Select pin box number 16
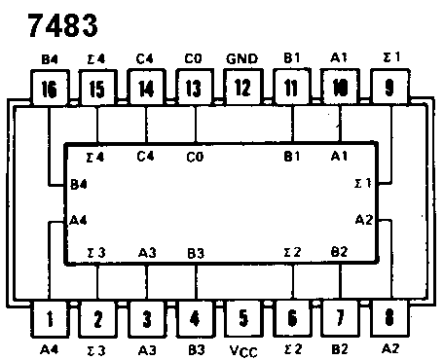point(50,91)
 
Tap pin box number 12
point(242,91)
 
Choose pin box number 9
point(389,91)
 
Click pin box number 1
point(50,318)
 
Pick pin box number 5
point(242,318)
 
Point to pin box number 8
point(389,318)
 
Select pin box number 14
point(146,91)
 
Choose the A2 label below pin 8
point(389,348)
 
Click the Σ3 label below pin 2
point(97,348)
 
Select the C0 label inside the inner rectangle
point(195,156)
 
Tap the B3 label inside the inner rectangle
point(195,253)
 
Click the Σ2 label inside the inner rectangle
point(290,253)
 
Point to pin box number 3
point(146,318)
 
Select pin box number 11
point(291,91)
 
